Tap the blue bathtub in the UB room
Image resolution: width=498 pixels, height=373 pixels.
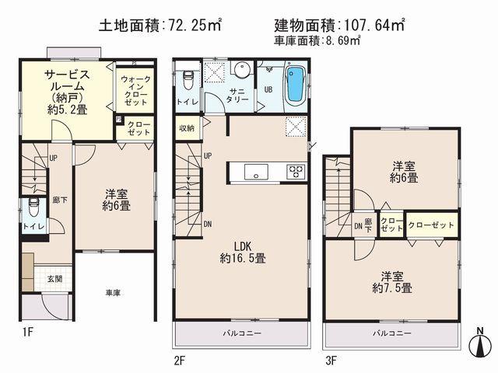(x=295, y=85)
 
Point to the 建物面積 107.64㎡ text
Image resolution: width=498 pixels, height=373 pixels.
(x=340, y=26)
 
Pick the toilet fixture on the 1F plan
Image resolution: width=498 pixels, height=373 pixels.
(x=33, y=208)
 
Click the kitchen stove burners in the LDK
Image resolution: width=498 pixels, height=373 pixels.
(x=296, y=171)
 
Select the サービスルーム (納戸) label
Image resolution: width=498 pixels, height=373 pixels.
(x=65, y=92)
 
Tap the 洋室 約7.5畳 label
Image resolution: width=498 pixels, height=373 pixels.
(x=396, y=281)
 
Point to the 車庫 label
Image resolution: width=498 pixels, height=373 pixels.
(x=114, y=293)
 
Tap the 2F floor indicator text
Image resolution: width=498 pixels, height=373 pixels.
(x=181, y=360)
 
